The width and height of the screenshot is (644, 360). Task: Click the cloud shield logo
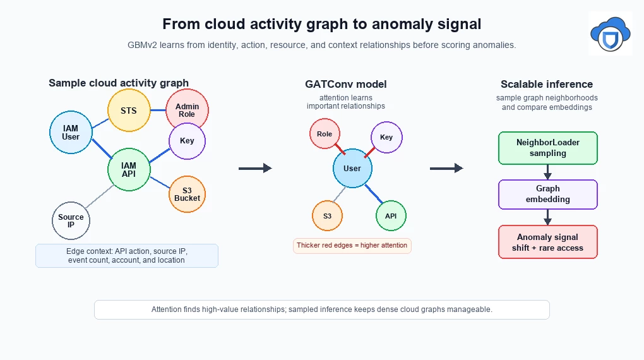click(x=611, y=33)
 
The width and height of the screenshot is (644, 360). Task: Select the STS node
click(x=129, y=111)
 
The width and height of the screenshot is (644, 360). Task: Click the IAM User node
click(x=71, y=133)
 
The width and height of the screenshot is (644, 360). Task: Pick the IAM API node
click(x=129, y=170)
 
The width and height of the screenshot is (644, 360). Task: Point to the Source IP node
click(x=71, y=220)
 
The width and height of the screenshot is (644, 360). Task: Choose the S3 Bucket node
click(x=188, y=195)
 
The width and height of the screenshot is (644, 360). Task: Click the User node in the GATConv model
click(x=352, y=169)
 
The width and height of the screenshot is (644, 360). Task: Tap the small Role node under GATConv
click(x=325, y=133)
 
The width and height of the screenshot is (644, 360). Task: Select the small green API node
click(x=391, y=216)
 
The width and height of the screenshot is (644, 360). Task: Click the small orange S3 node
click(x=327, y=216)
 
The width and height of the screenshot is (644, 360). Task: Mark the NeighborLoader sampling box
click(x=548, y=148)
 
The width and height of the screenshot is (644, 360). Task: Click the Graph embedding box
click(x=548, y=195)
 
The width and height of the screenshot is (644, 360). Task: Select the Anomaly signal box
click(x=548, y=242)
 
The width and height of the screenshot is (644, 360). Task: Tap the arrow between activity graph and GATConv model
click(x=255, y=168)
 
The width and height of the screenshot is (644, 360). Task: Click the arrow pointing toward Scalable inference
click(x=446, y=168)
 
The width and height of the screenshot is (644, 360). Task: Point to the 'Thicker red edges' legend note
click(x=352, y=246)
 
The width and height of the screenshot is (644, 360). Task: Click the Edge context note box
click(x=127, y=256)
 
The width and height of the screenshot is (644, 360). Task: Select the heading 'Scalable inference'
click(x=547, y=84)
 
